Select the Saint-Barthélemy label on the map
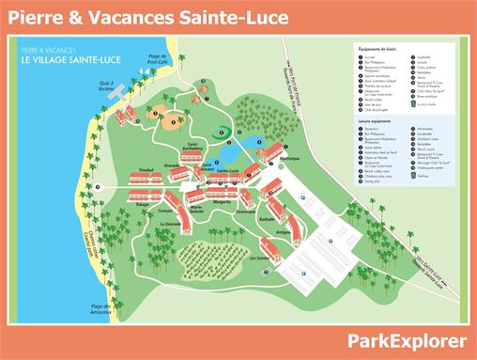[x=192, y=148]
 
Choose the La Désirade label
[x=171, y=225]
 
